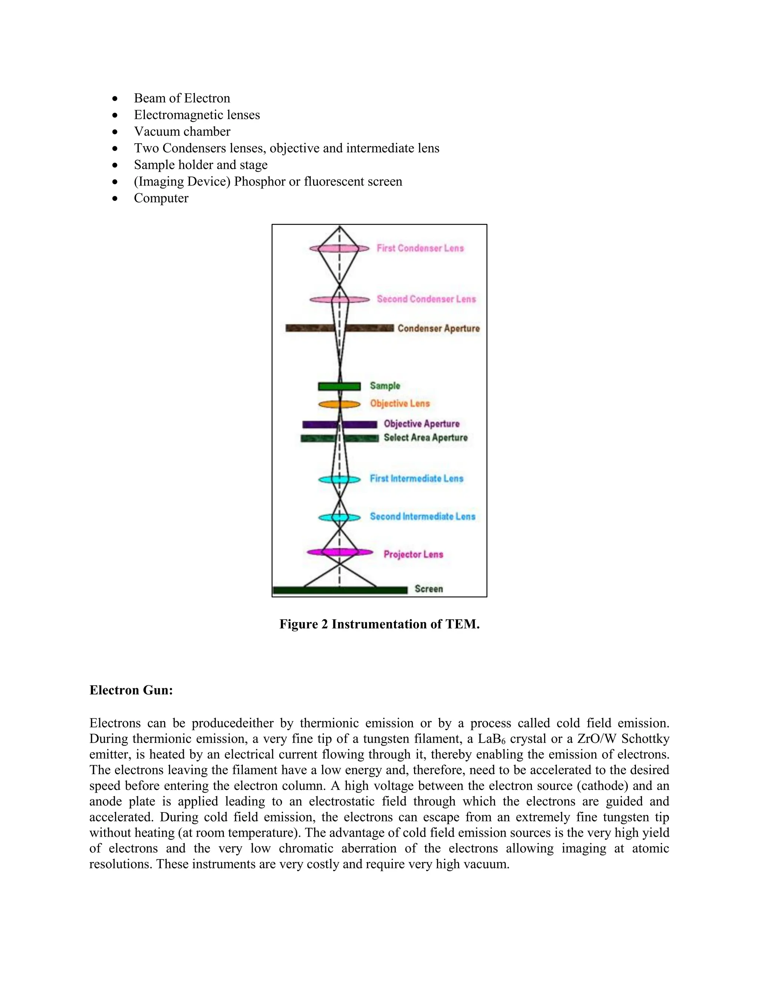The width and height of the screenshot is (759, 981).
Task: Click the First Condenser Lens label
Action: click(x=420, y=248)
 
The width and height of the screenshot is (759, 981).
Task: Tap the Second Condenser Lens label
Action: click(x=426, y=299)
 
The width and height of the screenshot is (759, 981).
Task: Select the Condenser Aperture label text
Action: click(x=438, y=328)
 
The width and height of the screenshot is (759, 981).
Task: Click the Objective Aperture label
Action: click(x=421, y=423)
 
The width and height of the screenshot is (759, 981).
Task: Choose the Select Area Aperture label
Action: click(x=425, y=438)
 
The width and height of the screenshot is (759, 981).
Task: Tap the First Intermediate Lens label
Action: click(x=416, y=478)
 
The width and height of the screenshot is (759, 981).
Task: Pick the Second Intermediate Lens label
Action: click(x=422, y=516)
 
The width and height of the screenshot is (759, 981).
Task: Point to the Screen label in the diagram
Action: click(x=428, y=589)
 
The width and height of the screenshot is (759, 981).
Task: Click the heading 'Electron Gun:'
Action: click(x=131, y=690)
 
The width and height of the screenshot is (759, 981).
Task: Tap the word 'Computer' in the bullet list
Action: click(x=161, y=198)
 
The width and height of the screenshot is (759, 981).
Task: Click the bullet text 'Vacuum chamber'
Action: click(x=182, y=132)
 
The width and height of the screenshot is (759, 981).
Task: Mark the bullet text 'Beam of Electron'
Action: click(x=182, y=98)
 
